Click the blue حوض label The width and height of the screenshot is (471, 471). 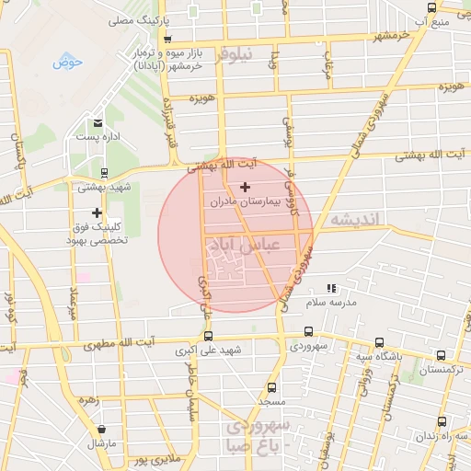tap(67, 63)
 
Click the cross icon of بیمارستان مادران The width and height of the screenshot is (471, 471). tap(244, 188)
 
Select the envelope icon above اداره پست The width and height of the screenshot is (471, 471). tap(97, 123)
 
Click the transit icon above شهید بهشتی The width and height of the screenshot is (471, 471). tap(102, 172)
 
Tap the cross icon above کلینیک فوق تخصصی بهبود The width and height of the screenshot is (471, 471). tap(96, 213)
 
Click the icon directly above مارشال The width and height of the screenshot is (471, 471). tap(101, 430)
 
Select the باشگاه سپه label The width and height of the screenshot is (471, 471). tap(376, 357)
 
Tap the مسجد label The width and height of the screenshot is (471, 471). tap(271, 402)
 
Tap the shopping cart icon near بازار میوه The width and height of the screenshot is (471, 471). tap(167, 40)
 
